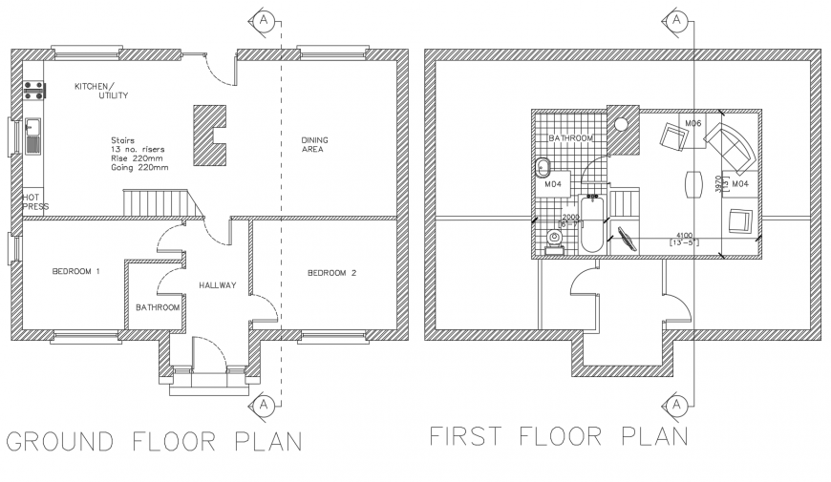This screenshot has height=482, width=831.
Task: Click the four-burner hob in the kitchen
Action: click(x=34, y=91)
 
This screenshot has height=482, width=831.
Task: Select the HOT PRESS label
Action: click(x=34, y=201)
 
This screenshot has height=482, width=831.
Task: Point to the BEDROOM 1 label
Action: click(x=75, y=273)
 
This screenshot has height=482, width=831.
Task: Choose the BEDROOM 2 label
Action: click(x=330, y=274)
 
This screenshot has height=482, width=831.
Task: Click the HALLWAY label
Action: click(x=217, y=285)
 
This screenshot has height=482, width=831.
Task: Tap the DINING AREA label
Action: click(x=314, y=144)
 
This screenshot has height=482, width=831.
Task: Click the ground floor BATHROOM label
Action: click(x=158, y=307)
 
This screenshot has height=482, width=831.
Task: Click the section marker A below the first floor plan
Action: click(x=676, y=407)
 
